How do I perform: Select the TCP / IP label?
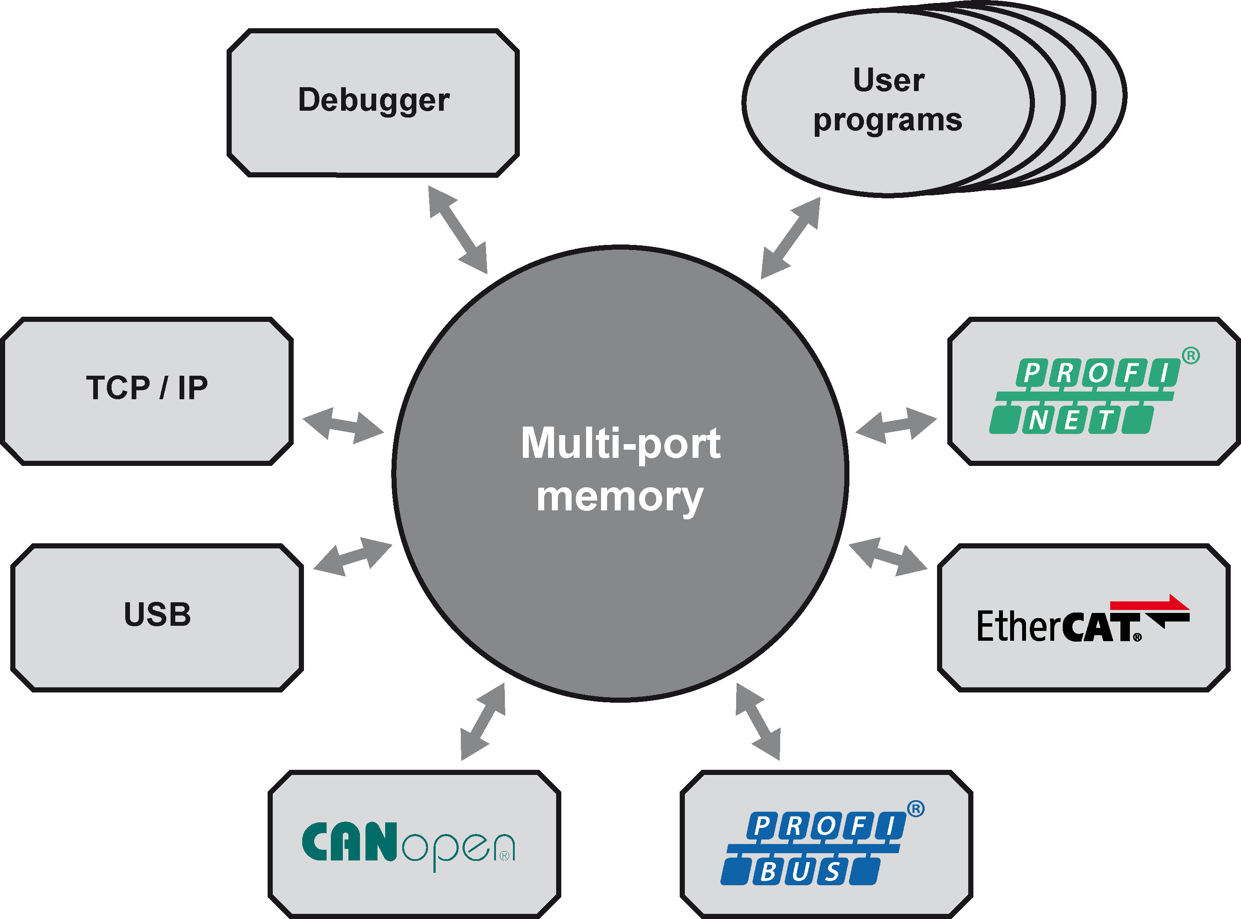point(147,388)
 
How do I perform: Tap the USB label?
point(157,615)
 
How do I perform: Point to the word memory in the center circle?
point(620,497)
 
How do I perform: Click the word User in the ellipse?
point(888,80)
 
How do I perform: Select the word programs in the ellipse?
point(888,121)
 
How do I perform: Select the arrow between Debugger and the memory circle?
point(458,230)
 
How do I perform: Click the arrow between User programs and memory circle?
point(790,238)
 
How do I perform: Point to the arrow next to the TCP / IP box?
point(343,426)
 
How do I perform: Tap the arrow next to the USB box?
point(353,556)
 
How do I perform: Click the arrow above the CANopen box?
point(483,722)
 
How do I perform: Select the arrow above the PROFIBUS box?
point(758,722)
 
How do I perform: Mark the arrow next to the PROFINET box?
point(896,426)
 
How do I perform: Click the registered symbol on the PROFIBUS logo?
point(916,809)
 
